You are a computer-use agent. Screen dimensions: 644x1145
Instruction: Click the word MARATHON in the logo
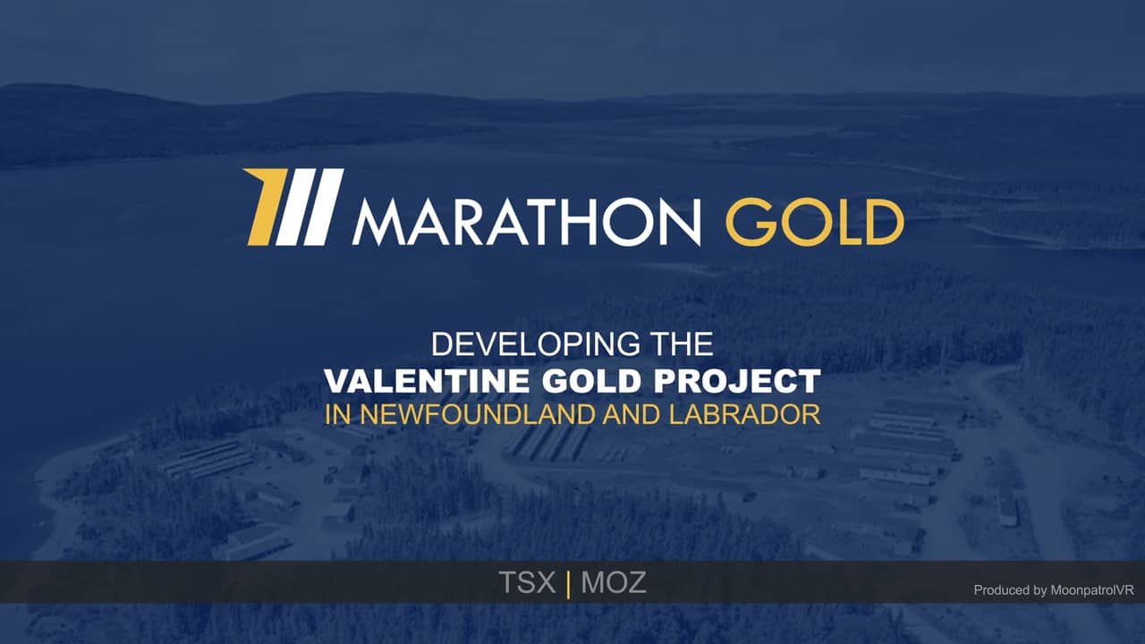[x=526, y=221]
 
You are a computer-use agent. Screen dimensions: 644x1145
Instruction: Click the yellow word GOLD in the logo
[x=813, y=221]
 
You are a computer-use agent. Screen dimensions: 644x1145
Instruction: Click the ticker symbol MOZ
[x=614, y=583]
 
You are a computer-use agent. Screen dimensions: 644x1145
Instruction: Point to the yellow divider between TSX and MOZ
[x=569, y=583]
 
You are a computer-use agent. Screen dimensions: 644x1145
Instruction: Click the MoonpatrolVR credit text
[x=1090, y=590]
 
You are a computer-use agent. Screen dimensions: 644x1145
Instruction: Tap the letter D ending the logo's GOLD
[x=882, y=221]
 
